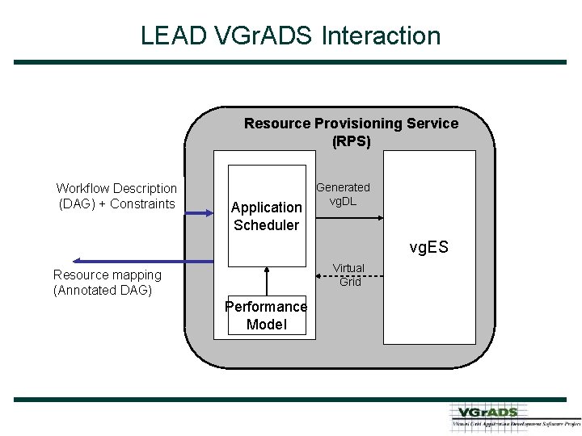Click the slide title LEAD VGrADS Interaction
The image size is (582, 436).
click(x=290, y=36)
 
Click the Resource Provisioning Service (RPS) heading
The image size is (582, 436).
click(x=351, y=132)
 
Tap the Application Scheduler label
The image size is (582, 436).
click(x=267, y=216)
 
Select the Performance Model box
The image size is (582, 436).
click(x=267, y=316)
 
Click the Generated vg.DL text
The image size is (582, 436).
click(x=343, y=195)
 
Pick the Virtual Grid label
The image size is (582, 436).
click(x=349, y=275)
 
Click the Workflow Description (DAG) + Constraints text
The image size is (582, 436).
click(x=116, y=196)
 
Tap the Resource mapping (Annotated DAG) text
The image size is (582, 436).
click(x=107, y=283)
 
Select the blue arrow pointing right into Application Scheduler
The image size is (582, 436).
click(x=206, y=213)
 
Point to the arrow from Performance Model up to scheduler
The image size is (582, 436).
click(x=266, y=282)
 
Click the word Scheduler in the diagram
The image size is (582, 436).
click(x=267, y=225)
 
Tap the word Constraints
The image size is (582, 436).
click(x=142, y=204)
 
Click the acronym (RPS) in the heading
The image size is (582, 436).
click(x=351, y=141)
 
